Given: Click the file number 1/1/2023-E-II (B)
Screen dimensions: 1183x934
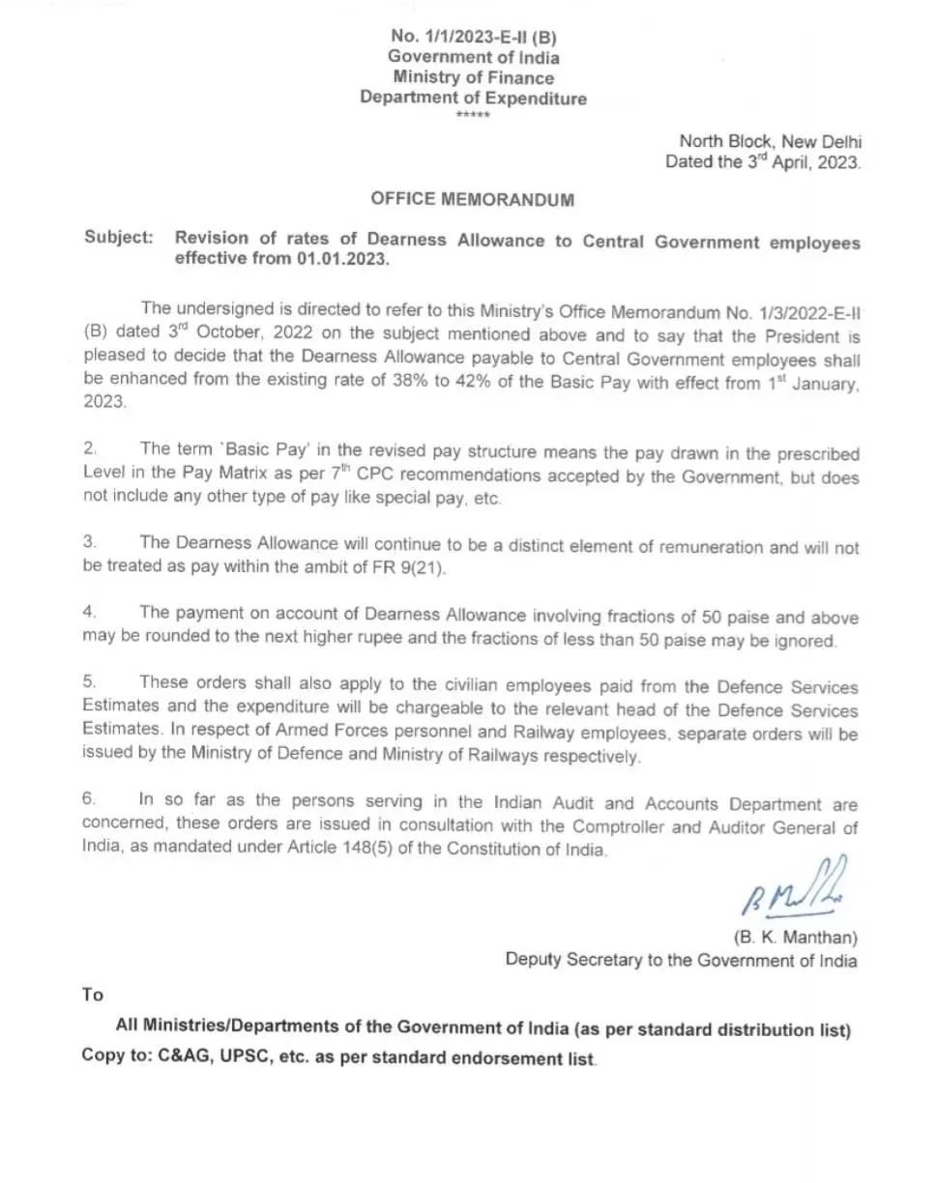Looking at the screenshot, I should click(x=473, y=37).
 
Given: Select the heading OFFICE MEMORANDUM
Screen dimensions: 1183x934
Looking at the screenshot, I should click(x=473, y=200).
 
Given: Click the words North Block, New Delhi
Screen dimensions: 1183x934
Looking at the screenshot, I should click(x=770, y=141).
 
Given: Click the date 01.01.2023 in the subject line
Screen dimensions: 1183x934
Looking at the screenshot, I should click(x=343, y=261).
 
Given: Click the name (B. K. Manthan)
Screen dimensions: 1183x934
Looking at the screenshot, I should click(x=795, y=938).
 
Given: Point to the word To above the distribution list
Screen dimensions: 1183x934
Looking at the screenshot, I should click(x=93, y=994).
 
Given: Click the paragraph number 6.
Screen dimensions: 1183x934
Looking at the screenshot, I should click(x=89, y=800).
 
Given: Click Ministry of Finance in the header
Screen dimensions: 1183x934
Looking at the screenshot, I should click(x=473, y=77).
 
